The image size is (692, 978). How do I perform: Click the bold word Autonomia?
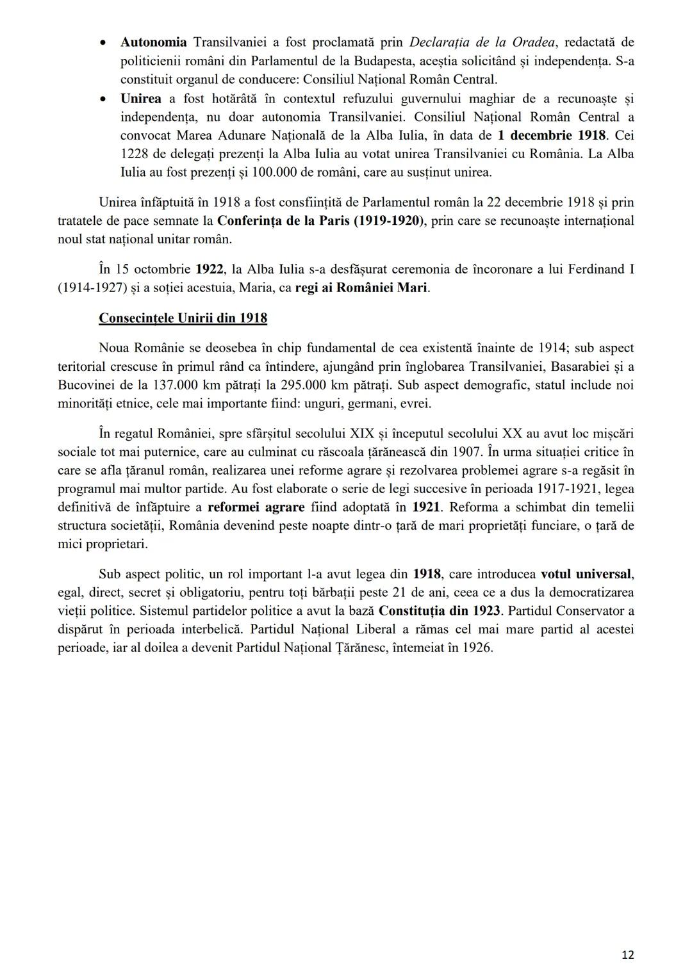coord(153,42)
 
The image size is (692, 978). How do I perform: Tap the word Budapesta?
coord(383,61)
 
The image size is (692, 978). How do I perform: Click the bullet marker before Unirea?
coord(103,99)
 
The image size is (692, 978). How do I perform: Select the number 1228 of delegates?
coord(135,154)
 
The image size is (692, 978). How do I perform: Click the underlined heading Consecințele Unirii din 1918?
coord(183,318)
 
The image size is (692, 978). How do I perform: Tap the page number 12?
coord(628,955)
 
